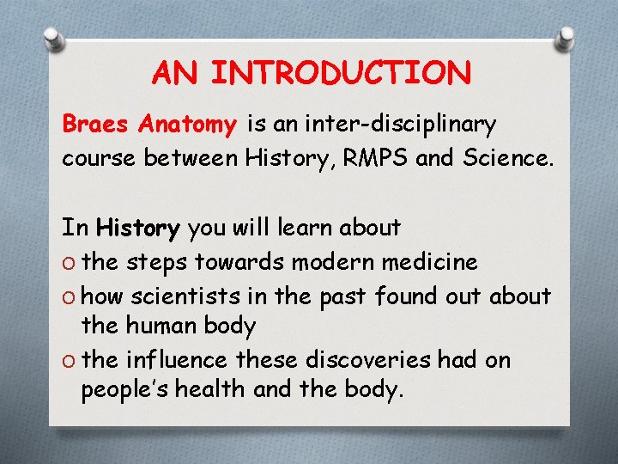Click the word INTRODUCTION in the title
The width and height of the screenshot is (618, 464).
(x=341, y=74)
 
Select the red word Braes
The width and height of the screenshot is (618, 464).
(x=95, y=125)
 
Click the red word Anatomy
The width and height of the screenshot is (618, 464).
(x=187, y=125)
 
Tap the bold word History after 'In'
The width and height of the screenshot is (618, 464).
(x=138, y=228)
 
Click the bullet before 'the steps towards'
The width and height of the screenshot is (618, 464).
(x=70, y=262)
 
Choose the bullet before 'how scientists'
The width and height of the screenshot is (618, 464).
(x=70, y=296)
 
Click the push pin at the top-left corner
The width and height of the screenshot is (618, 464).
(x=53, y=39)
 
